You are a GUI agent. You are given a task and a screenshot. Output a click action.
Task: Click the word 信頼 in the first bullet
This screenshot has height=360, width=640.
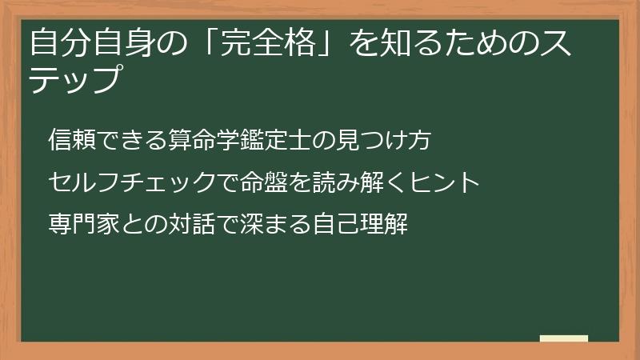[73, 140]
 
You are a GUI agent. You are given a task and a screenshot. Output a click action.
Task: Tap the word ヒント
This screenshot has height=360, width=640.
[443, 183]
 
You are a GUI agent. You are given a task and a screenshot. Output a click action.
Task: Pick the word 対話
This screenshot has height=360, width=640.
[192, 225]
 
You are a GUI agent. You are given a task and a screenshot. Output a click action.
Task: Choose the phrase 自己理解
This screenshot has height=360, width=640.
[360, 225]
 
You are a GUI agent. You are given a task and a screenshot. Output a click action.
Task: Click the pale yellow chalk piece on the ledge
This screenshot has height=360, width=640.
[563, 338]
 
